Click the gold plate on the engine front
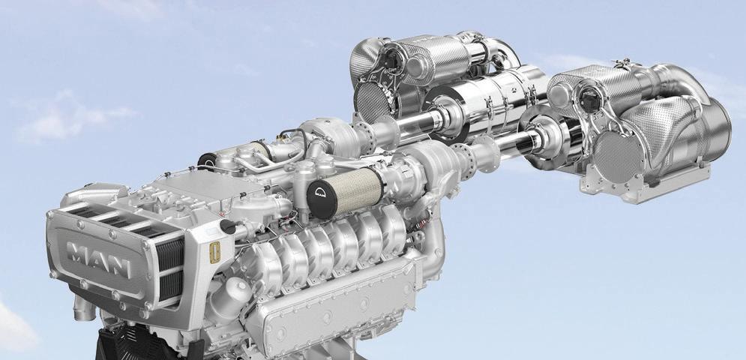pyautogui.click(x=214, y=253)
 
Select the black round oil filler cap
pyautogui.click(x=228, y=226)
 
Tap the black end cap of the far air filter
pyautogui.click(x=206, y=161)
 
